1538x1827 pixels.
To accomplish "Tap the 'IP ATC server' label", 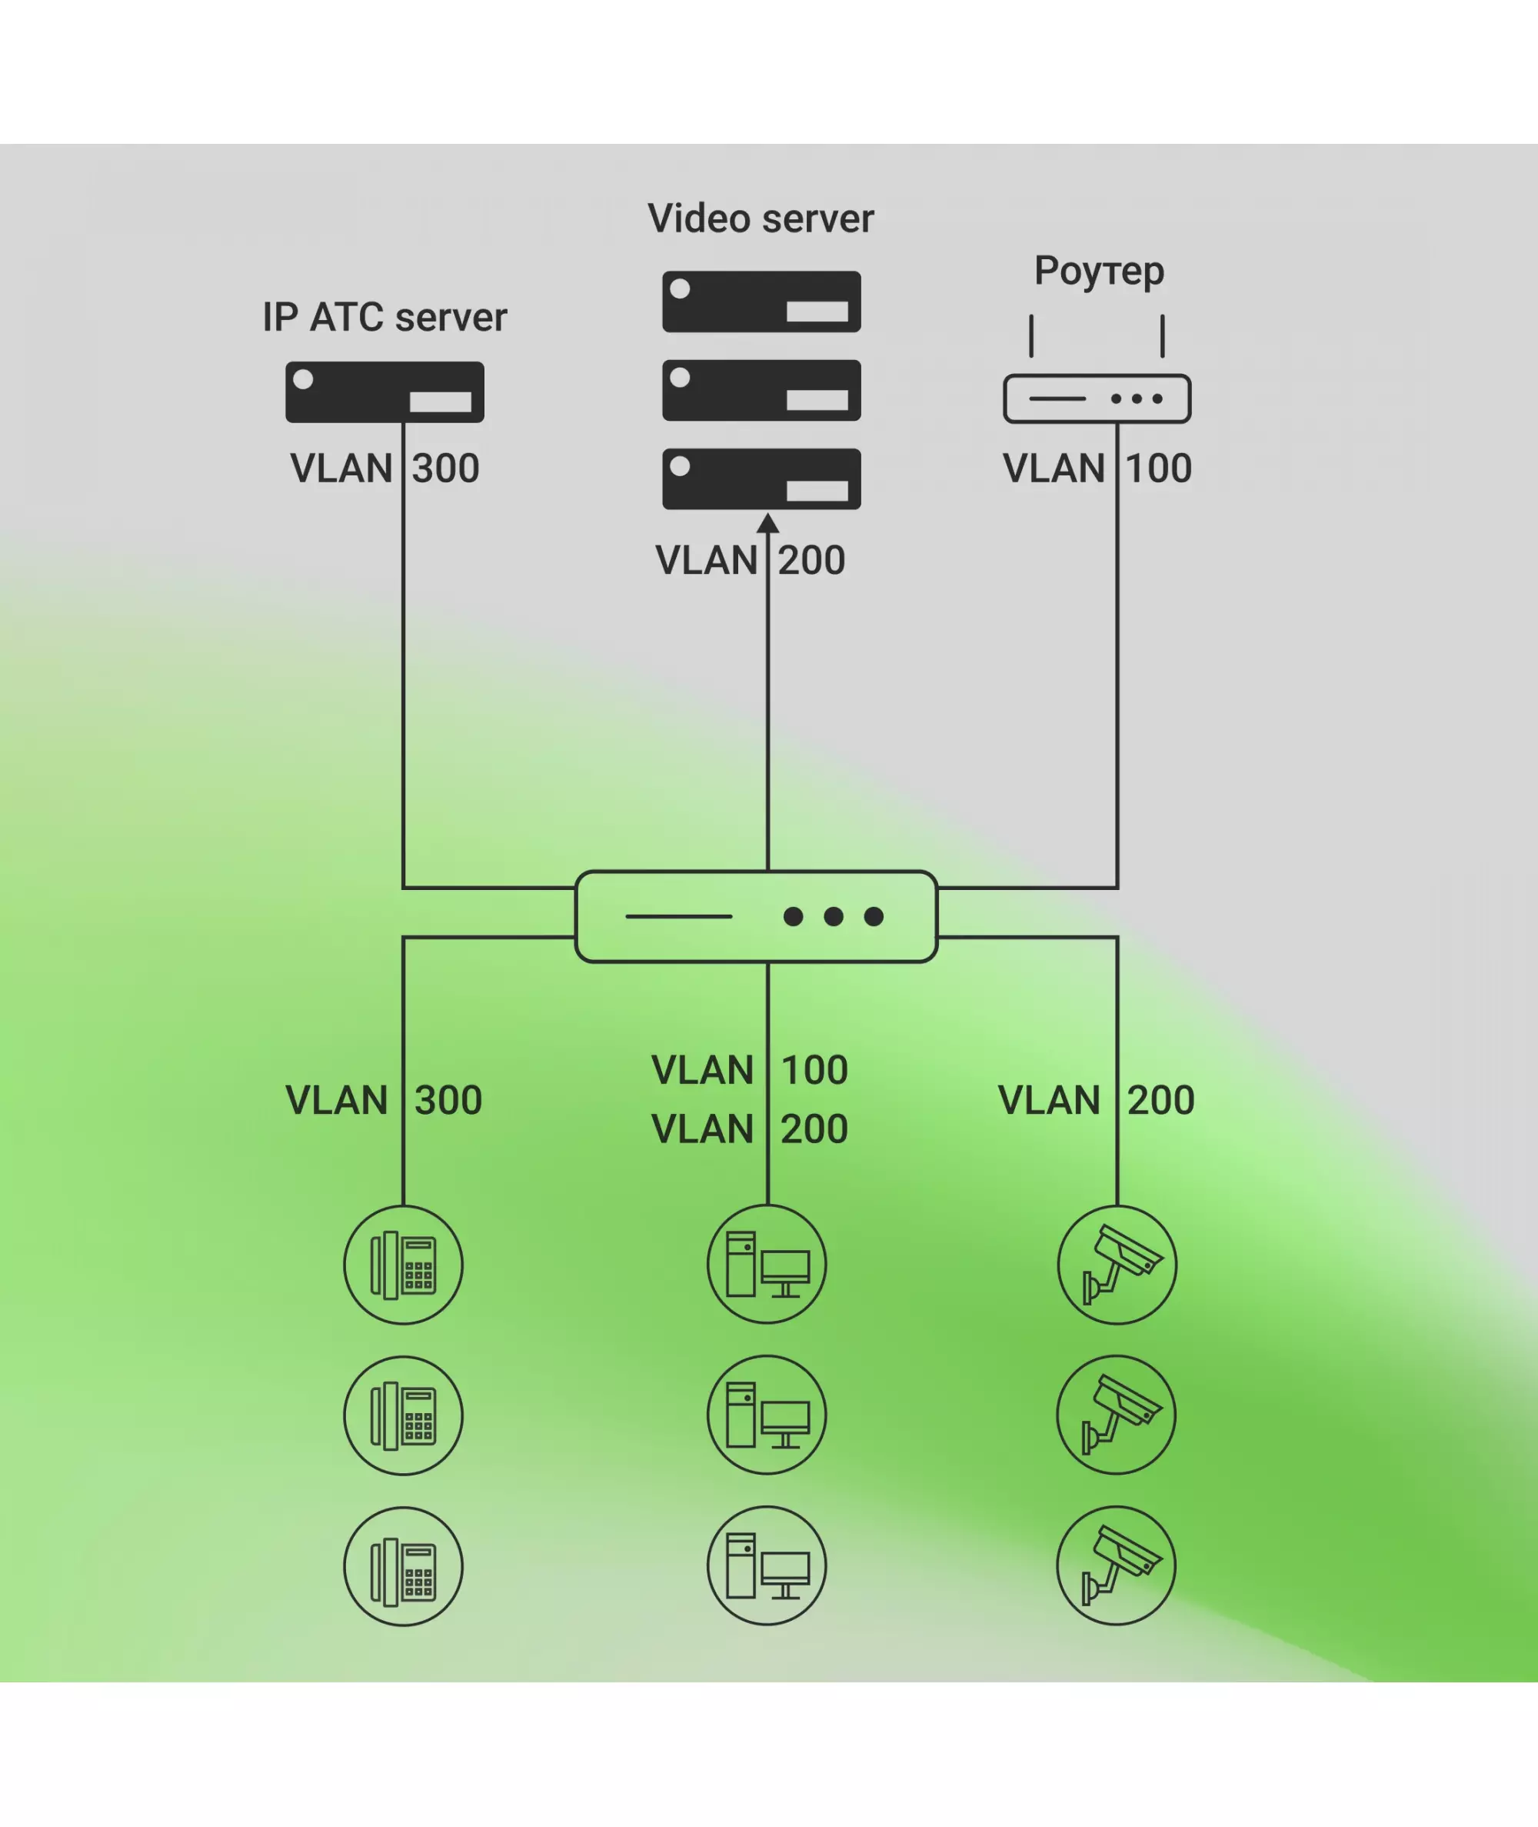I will [384, 318].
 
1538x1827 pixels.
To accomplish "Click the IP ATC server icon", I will [384, 392].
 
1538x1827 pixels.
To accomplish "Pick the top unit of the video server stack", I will [761, 302].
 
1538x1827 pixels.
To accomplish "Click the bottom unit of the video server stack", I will [761, 478].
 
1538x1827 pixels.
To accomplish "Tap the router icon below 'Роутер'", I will [1097, 398].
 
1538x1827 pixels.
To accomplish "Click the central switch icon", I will [756, 916].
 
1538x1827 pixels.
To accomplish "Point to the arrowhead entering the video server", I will [767, 523].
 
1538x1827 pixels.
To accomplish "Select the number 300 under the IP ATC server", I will [445, 469].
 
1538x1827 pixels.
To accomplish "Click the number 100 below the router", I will [1159, 469].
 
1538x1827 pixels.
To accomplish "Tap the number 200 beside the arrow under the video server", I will [812, 561].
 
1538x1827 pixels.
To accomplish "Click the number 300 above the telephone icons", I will [448, 1101].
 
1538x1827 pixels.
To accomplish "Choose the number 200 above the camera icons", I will [1160, 1101].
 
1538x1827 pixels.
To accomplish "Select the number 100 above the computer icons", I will [814, 1070].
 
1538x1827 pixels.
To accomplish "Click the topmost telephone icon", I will [403, 1265].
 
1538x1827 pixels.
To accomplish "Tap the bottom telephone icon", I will [403, 1566].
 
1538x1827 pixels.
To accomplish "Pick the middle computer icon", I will [767, 1415].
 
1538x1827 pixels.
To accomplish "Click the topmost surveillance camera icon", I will [1117, 1265].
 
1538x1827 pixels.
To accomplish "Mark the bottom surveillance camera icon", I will [1116, 1565].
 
